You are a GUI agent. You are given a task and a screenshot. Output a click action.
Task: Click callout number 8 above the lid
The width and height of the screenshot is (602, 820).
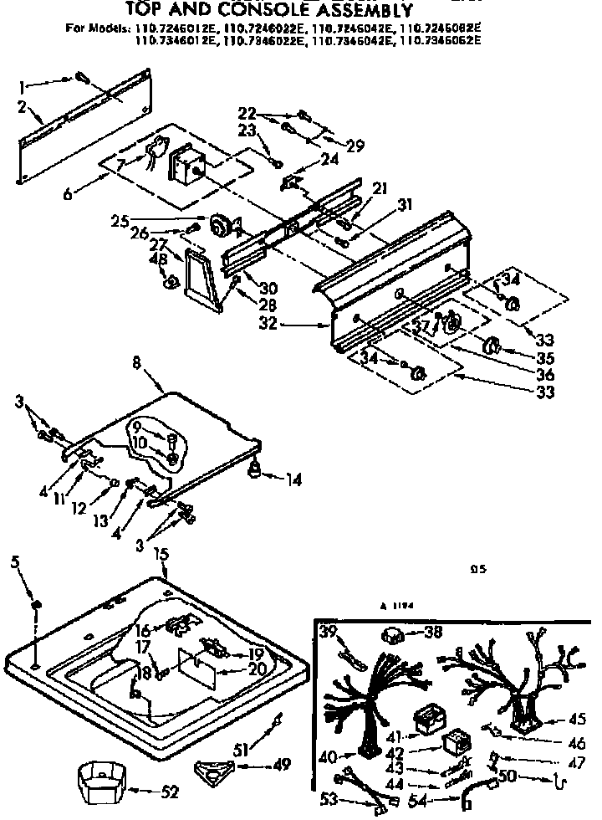[136, 363]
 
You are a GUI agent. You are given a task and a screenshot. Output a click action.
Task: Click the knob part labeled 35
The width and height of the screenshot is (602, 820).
[492, 344]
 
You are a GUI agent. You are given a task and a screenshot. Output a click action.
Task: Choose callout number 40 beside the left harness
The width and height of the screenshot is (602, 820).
[329, 757]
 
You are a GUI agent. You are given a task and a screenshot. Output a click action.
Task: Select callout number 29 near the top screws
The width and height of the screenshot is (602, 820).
[355, 146]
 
